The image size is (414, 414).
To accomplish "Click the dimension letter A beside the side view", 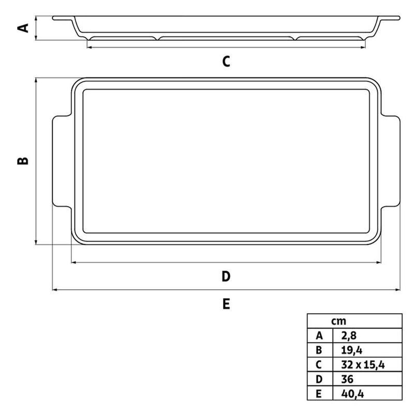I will click(x=23, y=26).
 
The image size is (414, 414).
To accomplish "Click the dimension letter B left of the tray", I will click(x=23, y=161).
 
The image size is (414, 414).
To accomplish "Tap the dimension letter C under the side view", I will click(x=226, y=62).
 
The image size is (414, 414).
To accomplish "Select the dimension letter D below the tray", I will click(x=226, y=276).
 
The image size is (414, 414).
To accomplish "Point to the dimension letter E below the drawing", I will click(x=226, y=304).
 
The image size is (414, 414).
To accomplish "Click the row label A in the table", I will click(x=318, y=335).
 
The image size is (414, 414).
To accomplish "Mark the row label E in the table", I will click(x=318, y=394).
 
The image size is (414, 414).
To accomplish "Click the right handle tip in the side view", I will click(x=395, y=19).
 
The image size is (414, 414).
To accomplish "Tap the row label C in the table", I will click(x=318, y=365).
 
